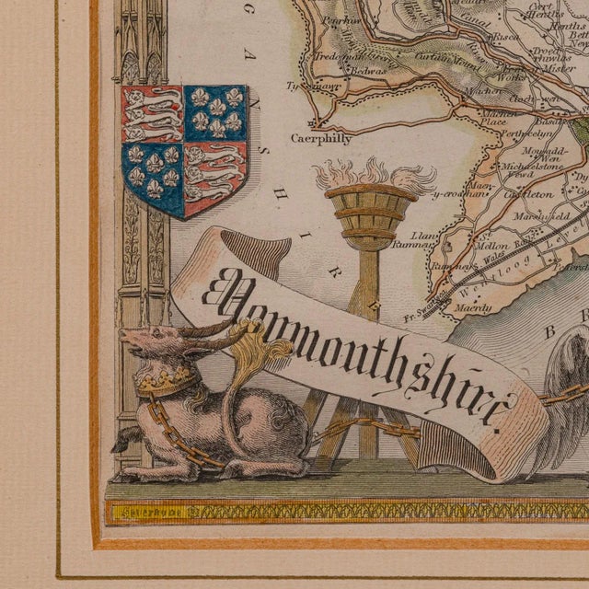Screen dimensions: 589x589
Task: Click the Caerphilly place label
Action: [x=321, y=139]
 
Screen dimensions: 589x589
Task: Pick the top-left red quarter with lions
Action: [x=152, y=112]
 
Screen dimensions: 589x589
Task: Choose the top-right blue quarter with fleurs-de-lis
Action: [x=215, y=111]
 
